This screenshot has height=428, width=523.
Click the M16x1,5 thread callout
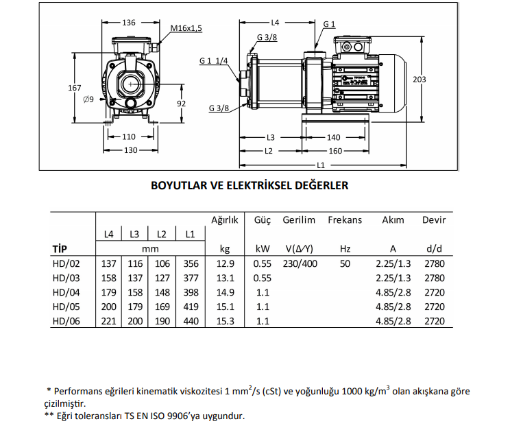pos(186,28)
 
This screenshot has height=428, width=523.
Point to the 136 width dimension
pos(129,23)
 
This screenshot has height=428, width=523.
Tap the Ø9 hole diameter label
pos(88,100)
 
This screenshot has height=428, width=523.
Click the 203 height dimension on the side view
pos(419,80)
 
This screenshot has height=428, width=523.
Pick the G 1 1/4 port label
pos(214,61)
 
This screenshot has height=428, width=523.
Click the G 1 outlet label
pos(329,24)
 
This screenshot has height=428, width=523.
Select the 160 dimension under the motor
pos(335,151)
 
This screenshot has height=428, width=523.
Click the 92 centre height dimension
pos(182,104)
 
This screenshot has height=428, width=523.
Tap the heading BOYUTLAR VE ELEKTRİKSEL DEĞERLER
pos(250,185)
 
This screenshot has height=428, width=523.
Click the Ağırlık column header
pos(224,220)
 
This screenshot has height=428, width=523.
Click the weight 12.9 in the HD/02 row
pos(226,264)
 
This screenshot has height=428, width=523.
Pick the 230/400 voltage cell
pos(299,264)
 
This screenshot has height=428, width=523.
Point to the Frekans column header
pos(345,220)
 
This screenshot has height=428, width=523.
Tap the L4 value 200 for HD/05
pos(108,307)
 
